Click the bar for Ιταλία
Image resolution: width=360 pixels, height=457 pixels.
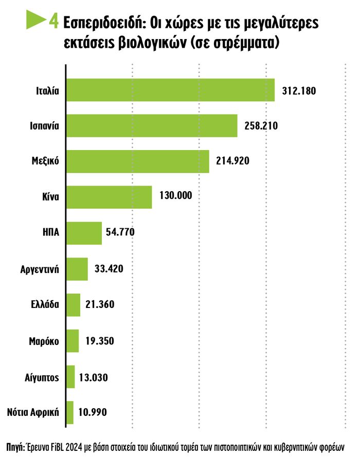(170, 90)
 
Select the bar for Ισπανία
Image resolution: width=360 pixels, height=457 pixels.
(152, 125)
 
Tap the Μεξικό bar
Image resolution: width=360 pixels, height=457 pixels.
(137, 161)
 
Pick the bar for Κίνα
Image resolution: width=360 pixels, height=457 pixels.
(109, 197)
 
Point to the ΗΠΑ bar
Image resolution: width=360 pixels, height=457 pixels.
(84, 233)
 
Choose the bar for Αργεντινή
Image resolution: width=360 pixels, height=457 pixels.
(77, 269)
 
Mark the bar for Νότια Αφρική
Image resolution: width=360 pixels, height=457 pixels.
(70, 412)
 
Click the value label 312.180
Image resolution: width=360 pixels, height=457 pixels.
(299, 90)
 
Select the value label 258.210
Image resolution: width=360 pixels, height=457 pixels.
(261, 126)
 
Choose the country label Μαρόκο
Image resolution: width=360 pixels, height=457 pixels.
(45, 341)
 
